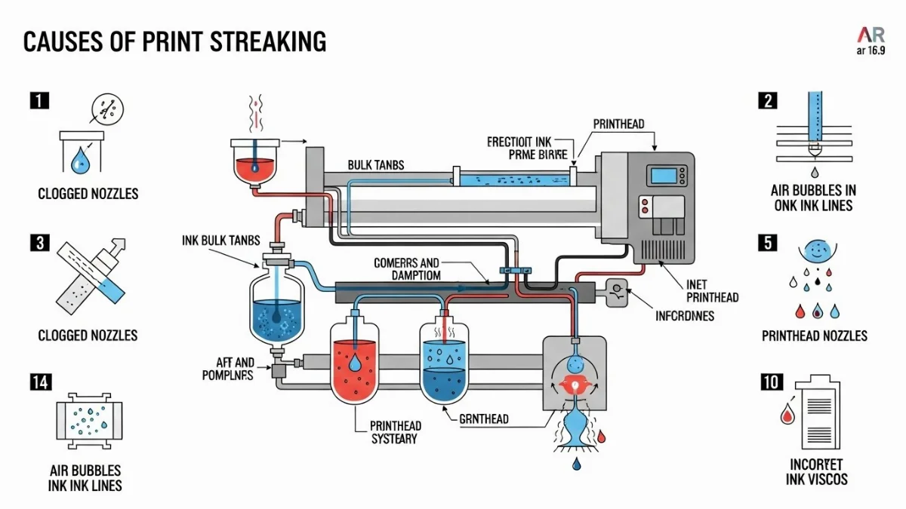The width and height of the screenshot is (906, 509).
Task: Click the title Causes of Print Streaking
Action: [174, 41]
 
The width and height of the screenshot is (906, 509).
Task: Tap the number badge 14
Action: [39, 382]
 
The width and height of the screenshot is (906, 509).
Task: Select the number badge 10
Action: [769, 382]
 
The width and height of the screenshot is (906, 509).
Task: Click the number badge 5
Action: [769, 243]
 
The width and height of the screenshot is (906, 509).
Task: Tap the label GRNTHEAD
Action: [483, 419]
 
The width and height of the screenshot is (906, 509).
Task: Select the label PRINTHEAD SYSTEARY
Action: [394, 432]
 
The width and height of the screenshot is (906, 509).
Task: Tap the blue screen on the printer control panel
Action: [664, 176]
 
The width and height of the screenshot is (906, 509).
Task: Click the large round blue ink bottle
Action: [277, 312]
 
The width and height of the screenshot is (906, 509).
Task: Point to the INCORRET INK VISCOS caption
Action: [816, 471]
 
